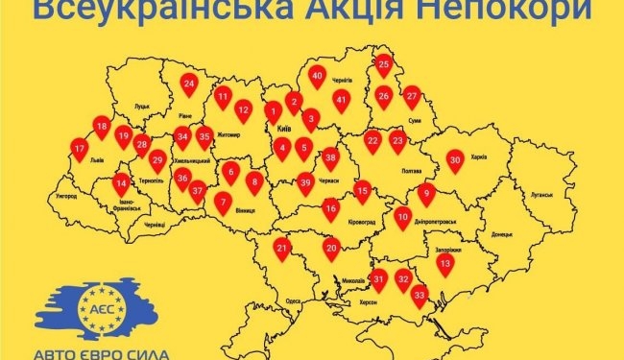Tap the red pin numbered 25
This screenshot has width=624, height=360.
(383, 64)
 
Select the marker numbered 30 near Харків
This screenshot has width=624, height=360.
(455, 160)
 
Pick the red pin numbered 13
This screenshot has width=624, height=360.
(444, 263)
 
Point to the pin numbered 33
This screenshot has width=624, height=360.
(419, 294)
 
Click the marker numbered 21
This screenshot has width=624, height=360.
(282, 249)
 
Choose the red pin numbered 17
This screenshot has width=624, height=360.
(81, 148)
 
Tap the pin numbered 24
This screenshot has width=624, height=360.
(189, 84)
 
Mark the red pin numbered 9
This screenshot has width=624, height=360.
(427, 192)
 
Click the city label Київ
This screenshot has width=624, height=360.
(284, 128)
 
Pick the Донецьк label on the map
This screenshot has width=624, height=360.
(502, 233)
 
